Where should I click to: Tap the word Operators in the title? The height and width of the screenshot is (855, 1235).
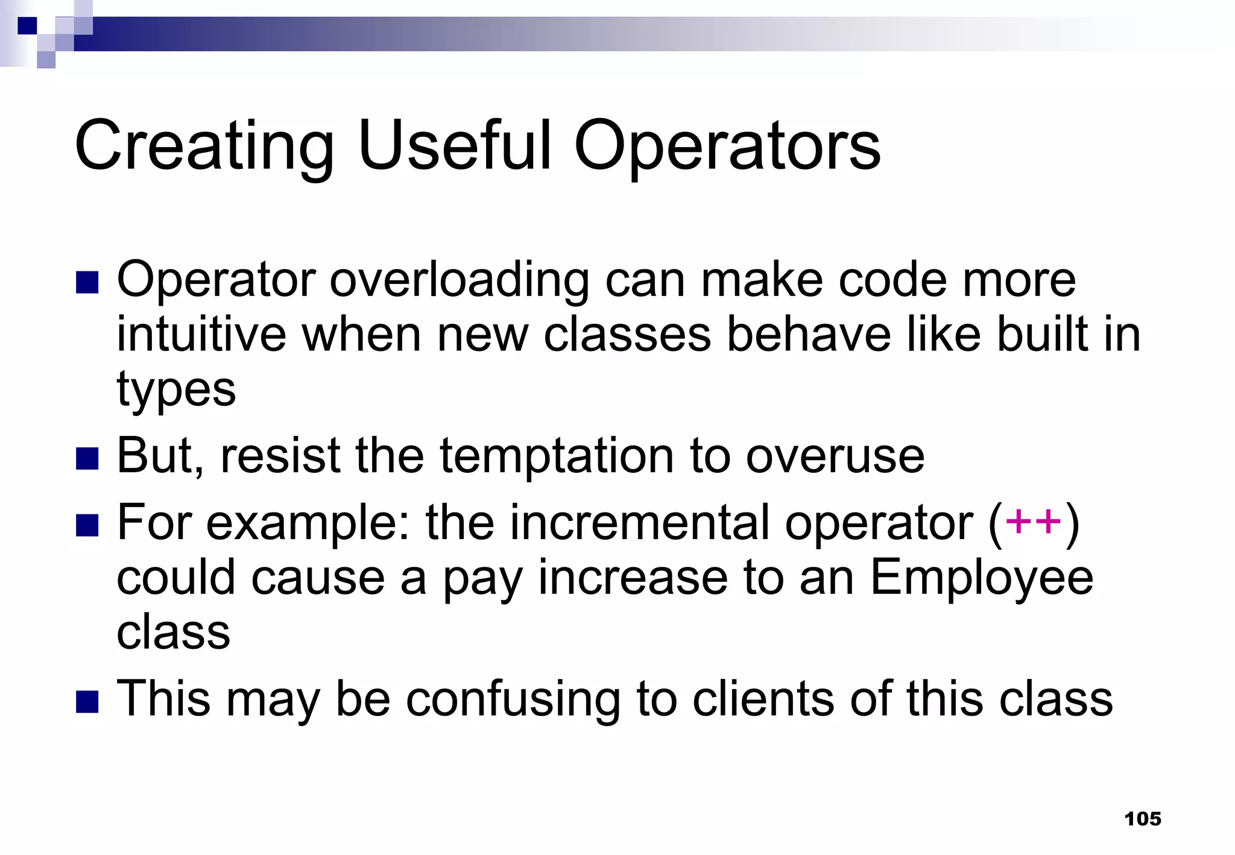[x=727, y=147]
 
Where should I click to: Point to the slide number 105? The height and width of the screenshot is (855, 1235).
[x=1143, y=819]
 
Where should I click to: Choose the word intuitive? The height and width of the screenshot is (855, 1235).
[x=201, y=335]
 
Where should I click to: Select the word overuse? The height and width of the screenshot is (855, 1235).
[x=835, y=456]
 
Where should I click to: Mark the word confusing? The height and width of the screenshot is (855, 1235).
[x=513, y=699]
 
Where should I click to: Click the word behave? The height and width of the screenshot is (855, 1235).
[x=809, y=335]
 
